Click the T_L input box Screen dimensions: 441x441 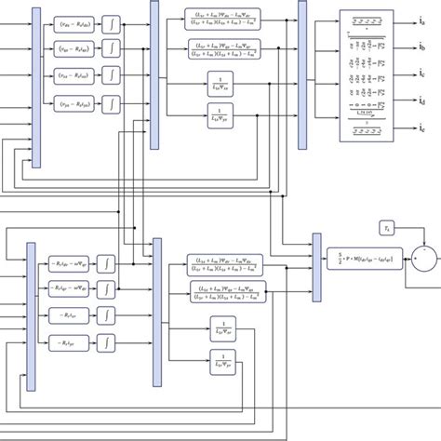pyautogui.click(x=389, y=228)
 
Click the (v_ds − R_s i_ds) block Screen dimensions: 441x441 pyautogui.click(x=79, y=19)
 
